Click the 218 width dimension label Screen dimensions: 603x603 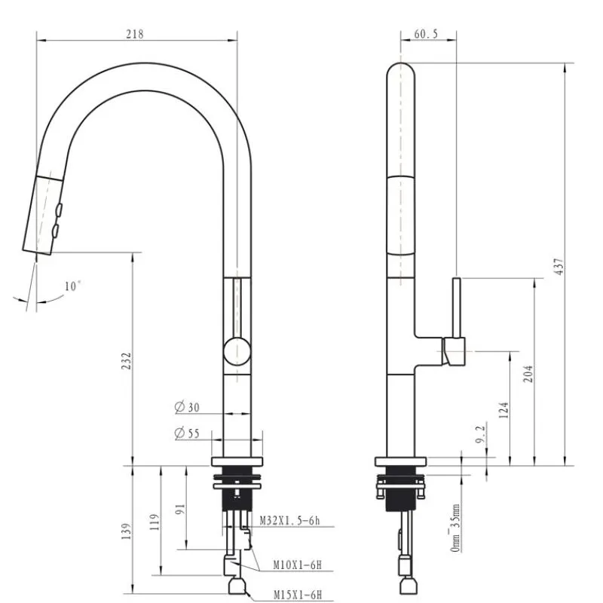click(135, 34)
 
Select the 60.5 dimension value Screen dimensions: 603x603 click(426, 34)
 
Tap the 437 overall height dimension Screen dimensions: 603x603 click(559, 266)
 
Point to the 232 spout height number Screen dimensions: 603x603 click(127, 361)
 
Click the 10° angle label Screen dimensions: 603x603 click(72, 286)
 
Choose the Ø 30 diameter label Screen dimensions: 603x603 click(187, 407)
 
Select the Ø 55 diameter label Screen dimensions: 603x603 click(187, 433)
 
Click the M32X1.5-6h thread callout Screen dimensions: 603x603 click(289, 521)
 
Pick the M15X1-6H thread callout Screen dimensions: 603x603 click(298, 595)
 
